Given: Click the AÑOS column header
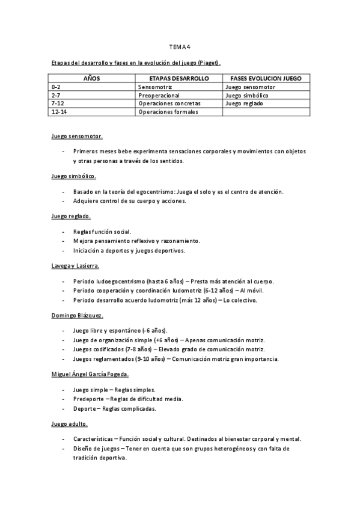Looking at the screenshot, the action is pyautogui.click(x=92, y=79).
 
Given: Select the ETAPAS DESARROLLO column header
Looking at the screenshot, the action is pyautogui.click(x=178, y=79).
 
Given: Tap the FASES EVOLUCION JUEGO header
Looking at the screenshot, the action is pyautogui.click(x=266, y=79).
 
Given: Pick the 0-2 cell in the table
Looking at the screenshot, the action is pyautogui.click(x=56, y=87).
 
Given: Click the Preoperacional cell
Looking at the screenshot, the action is pyautogui.click(x=159, y=95).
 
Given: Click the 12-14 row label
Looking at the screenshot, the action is pyautogui.click(x=59, y=112).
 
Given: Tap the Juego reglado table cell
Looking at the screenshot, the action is pyautogui.click(x=244, y=103).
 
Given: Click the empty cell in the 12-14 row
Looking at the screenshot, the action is pyautogui.click(x=266, y=112).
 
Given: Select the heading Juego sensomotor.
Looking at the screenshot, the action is pyautogui.click(x=77, y=137).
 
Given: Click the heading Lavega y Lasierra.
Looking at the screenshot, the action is pyautogui.click(x=75, y=265).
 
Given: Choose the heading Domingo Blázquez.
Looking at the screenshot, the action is pyautogui.click(x=78, y=315).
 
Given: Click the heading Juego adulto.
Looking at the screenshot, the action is pyautogui.click(x=70, y=424).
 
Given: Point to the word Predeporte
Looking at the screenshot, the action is pyautogui.click(x=88, y=399).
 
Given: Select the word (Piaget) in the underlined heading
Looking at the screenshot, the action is pyautogui.click(x=209, y=63).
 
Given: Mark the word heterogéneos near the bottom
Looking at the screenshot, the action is pyautogui.click(x=236, y=449).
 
